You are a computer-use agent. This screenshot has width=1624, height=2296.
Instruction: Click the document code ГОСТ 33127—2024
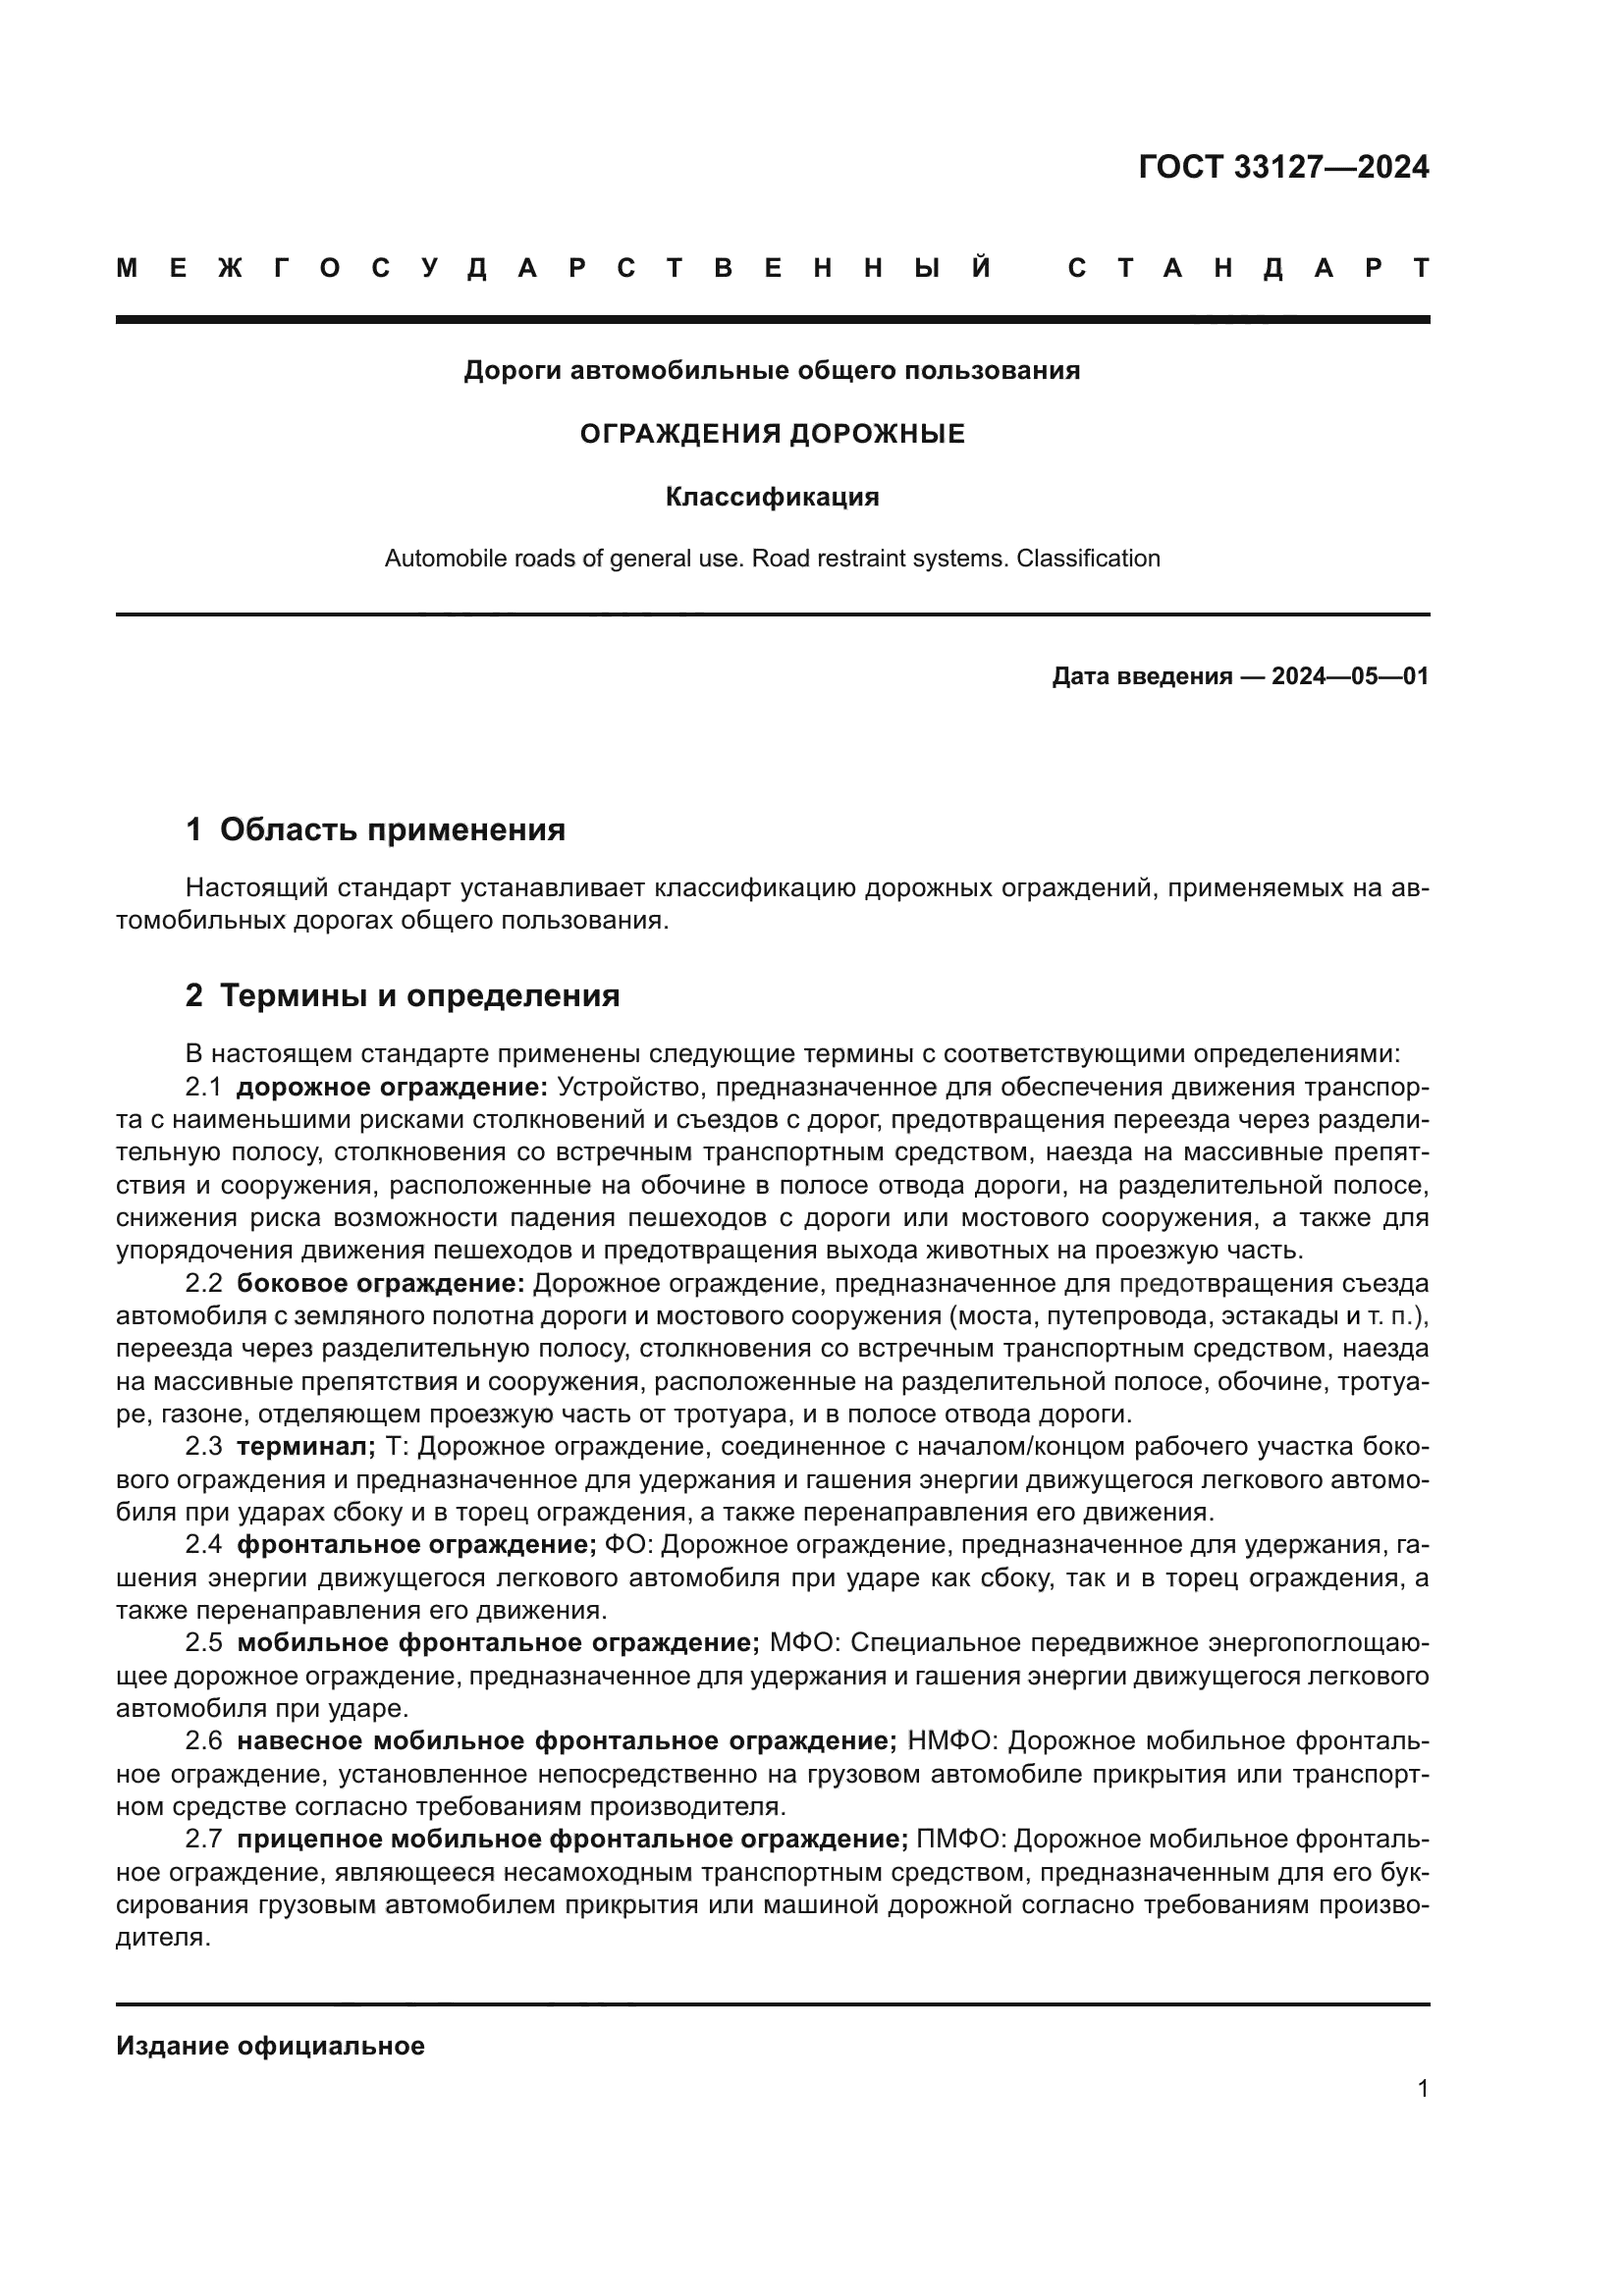click(x=1283, y=167)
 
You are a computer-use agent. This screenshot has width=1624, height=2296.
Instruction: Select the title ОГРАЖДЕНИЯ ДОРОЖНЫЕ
click(x=772, y=434)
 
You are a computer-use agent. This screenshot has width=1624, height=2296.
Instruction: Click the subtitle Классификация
click(x=772, y=497)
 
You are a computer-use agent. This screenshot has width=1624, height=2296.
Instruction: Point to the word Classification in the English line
click(x=1087, y=558)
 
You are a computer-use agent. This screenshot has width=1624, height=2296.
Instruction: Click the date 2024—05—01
click(x=1349, y=677)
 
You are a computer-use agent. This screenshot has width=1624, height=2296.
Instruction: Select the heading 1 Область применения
click(x=375, y=830)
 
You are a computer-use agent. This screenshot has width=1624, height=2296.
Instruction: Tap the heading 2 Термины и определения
click(x=402, y=996)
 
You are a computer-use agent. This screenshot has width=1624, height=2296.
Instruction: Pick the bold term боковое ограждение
click(x=380, y=1283)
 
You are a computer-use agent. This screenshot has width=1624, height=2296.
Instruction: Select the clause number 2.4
click(x=203, y=1545)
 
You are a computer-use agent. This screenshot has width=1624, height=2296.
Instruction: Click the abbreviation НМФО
click(x=950, y=1741)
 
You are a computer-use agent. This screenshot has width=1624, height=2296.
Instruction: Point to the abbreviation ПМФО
click(x=959, y=1839)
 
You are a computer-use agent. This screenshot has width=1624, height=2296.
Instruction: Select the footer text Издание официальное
click(x=270, y=2046)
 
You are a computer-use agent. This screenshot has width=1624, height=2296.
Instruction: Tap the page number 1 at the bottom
click(x=1422, y=2089)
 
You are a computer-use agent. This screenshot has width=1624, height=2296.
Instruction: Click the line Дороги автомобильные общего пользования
click(x=772, y=371)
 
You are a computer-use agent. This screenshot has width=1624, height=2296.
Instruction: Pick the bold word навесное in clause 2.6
click(x=299, y=1741)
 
